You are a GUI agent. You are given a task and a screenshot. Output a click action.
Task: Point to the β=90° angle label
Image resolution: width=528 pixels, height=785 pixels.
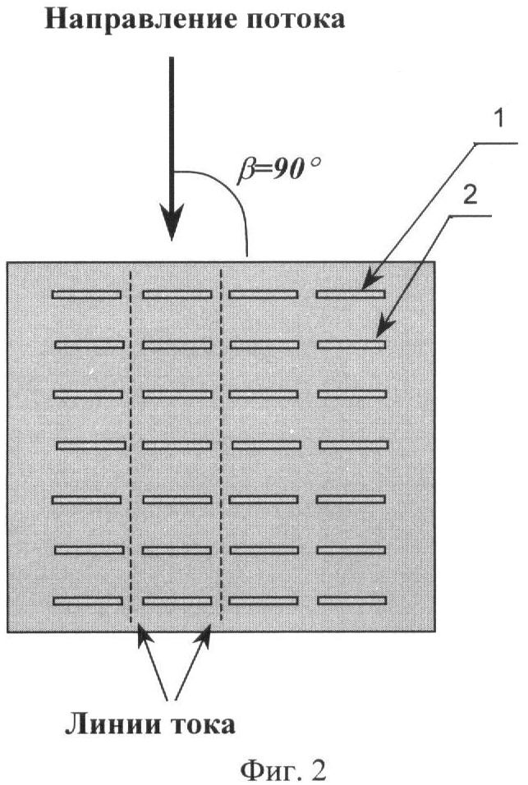tap(278, 171)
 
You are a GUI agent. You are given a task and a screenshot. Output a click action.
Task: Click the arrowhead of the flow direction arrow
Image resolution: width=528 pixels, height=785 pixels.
tap(172, 222)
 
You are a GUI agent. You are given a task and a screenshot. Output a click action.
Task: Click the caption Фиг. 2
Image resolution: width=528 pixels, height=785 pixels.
tap(282, 769)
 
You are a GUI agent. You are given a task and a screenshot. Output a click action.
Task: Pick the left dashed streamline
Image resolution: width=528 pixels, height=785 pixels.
tap(131, 447)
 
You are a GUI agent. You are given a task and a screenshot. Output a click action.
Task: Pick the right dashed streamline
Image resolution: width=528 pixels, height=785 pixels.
tap(221, 447)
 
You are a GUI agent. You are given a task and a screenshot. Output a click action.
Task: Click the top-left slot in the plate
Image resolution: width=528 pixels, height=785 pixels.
tap(86, 295)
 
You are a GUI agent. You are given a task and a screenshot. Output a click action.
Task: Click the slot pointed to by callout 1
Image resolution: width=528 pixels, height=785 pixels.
tap(351, 294)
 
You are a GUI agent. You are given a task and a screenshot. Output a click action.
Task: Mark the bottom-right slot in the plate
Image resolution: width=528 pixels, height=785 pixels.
tap(351, 600)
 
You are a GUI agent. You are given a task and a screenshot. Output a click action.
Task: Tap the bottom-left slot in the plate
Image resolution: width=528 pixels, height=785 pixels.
tap(88, 601)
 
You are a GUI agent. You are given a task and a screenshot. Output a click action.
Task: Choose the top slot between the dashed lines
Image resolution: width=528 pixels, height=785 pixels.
tap(177, 295)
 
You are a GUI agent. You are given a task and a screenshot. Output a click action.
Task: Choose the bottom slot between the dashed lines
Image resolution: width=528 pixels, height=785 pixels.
tap(177, 601)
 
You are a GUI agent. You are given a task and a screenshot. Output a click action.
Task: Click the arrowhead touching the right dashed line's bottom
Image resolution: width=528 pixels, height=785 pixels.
tap(205, 636)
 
